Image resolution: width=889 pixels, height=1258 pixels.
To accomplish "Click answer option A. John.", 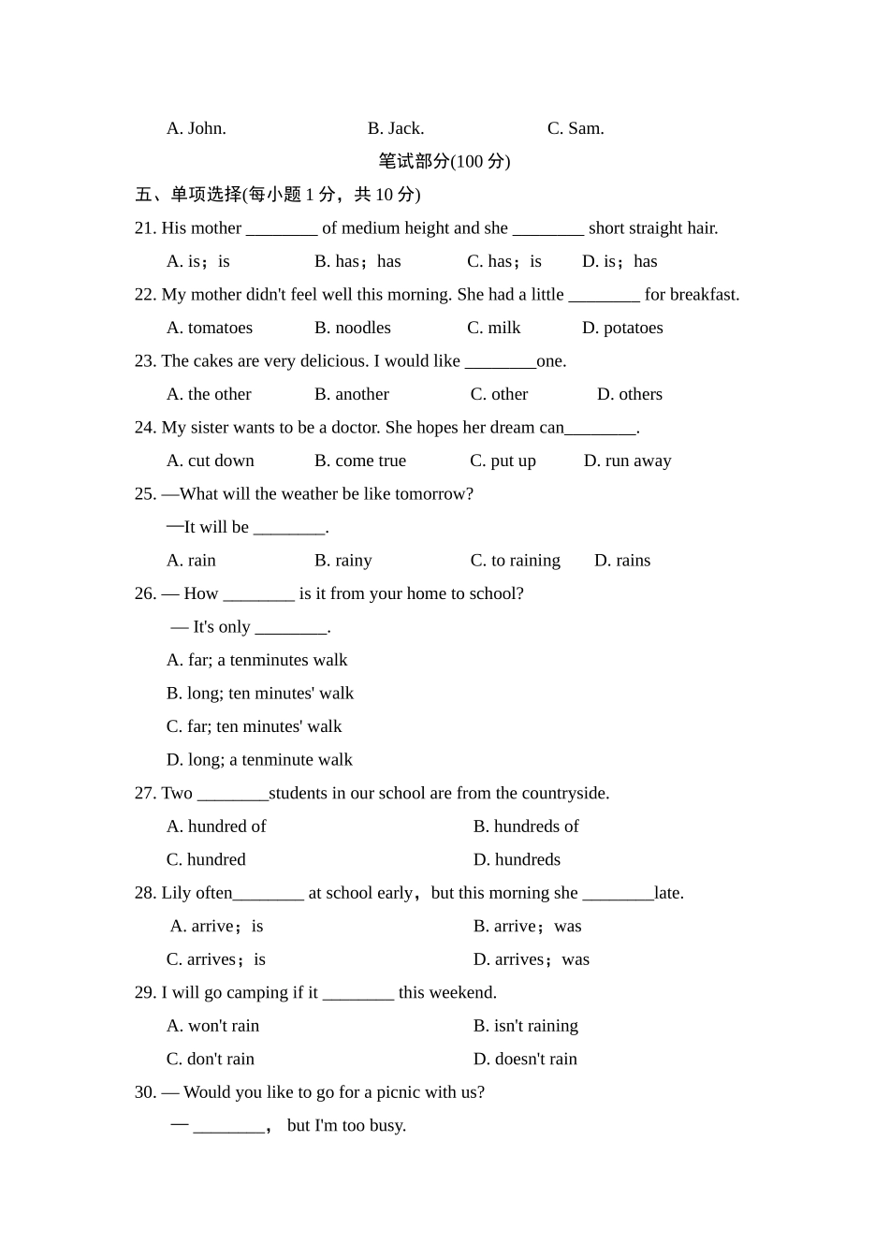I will [x=196, y=128].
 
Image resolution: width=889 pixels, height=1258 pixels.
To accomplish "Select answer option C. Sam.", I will [x=576, y=128].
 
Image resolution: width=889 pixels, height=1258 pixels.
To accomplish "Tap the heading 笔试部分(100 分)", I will [x=444, y=161].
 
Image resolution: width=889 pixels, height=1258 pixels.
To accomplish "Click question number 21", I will [x=145, y=228].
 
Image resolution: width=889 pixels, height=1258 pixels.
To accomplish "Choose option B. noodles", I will [x=352, y=328].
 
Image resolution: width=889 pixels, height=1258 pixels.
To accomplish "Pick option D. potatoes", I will [x=622, y=328].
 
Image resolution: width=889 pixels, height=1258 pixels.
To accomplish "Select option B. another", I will [x=351, y=394].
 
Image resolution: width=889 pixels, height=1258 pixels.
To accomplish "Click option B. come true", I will [x=360, y=461].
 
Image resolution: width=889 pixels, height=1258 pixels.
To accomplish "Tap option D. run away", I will [x=627, y=461].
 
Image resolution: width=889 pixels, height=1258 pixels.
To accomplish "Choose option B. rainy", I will [x=342, y=561].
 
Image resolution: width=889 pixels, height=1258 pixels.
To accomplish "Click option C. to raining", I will [x=515, y=561].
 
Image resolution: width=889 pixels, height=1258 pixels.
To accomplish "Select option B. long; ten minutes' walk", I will [x=260, y=694].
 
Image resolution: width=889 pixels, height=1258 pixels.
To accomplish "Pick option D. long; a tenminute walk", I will [x=259, y=760].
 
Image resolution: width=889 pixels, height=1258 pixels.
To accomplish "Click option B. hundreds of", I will [x=526, y=826].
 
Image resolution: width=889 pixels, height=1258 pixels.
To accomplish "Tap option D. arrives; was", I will [x=531, y=959].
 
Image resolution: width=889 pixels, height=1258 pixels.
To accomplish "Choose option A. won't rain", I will [x=212, y=1026].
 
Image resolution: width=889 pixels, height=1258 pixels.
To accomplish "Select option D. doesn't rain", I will [x=525, y=1060].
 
